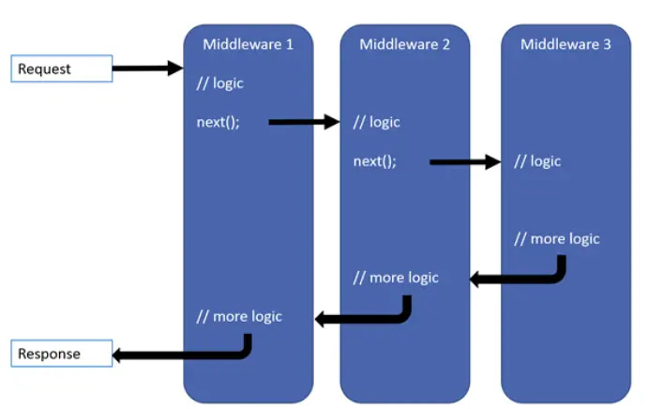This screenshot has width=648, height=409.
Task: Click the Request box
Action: [x=61, y=68]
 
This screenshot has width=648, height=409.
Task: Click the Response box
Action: [x=61, y=354]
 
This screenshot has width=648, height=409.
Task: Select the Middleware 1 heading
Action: [x=248, y=44]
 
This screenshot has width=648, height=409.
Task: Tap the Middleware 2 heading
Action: [x=404, y=44]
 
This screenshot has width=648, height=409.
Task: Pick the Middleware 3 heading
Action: [x=565, y=44]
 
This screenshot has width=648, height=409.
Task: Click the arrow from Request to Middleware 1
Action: [x=147, y=68]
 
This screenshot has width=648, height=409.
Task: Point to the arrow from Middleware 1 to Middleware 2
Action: [x=303, y=122]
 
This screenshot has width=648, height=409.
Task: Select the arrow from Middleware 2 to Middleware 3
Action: [x=464, y=162]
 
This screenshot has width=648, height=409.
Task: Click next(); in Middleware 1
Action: [x=218, y=122]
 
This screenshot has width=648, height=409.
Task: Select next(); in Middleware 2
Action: [x=374, y=161]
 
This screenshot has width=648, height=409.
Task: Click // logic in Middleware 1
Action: [x=219, y=83]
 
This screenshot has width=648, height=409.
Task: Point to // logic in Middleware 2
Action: [x=376, y=122]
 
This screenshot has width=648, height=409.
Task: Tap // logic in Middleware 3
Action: [x=537, y=161]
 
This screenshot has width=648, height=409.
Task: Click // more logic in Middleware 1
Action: [x=238, y=316]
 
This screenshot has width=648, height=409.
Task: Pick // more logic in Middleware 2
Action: [x=395, y=278]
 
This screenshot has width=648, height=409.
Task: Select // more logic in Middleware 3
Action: [x=556, y=238]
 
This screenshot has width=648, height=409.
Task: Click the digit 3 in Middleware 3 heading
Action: [x=607, y=44]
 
